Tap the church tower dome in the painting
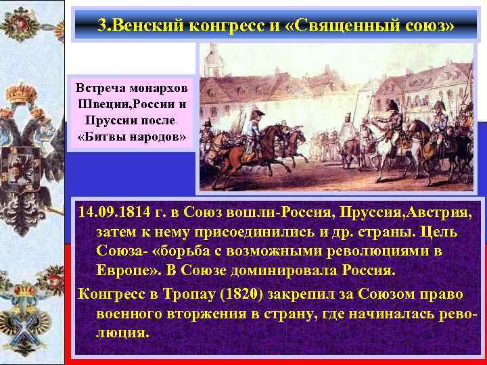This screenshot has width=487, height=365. point(214,57)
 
